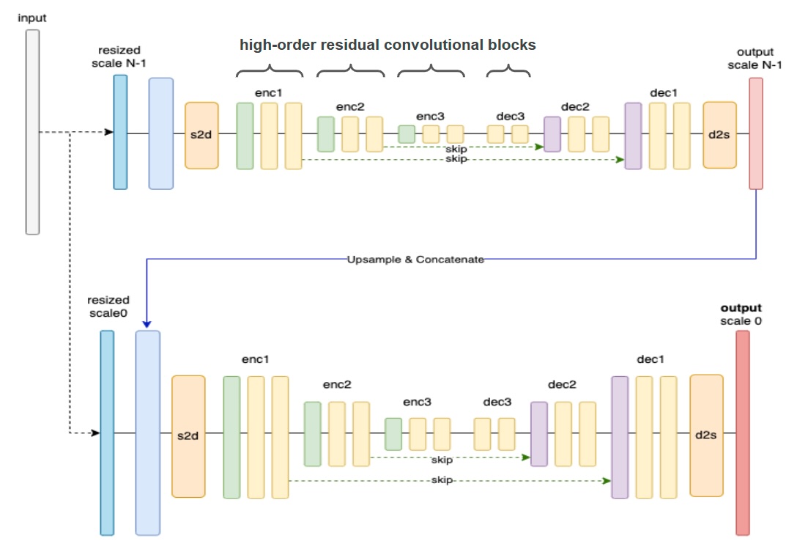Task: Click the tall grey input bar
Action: tap(32, 132)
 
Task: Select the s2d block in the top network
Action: tap(201, 135)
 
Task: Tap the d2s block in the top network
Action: tap(719, 135)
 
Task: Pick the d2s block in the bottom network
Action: tap(706, 435)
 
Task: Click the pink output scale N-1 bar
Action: tap(755, 133)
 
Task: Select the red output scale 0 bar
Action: tap(743, 433)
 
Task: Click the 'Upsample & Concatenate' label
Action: tap(415, 260)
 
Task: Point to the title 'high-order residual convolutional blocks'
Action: tap(388, 45)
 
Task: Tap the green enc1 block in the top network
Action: tap(245, 136)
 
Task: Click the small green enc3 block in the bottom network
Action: tap(393, 434)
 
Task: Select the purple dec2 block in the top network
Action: tap(552, 134)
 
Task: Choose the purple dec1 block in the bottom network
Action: tap(620, 437)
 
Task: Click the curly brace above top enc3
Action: tap(431, 71)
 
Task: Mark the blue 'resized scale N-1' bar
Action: tap(120, 132)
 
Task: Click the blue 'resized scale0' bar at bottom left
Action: tap(107, 433)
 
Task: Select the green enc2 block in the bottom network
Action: tap(313, 433)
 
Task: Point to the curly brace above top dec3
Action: tap(508, 71)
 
